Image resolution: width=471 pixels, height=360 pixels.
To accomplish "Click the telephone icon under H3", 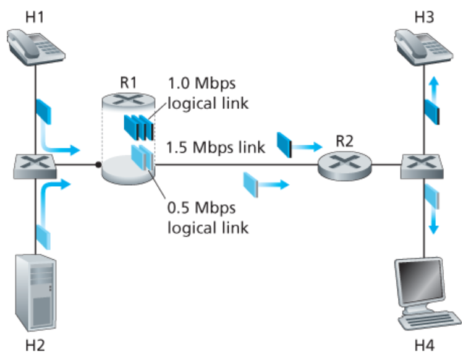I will [x=424, y=46].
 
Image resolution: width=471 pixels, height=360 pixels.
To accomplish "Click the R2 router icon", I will [x=344, y=165].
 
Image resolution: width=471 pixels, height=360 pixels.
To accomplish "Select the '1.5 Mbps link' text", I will [x=215, y=147].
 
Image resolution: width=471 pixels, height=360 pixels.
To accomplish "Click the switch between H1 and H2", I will [x=35, y=165].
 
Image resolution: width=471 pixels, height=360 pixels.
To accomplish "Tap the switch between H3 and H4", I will [x=424, y=165].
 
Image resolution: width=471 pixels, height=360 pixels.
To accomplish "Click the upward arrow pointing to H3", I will [x=435, y=84].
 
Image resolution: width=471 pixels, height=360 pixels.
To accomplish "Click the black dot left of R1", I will [x=98, y=165].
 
